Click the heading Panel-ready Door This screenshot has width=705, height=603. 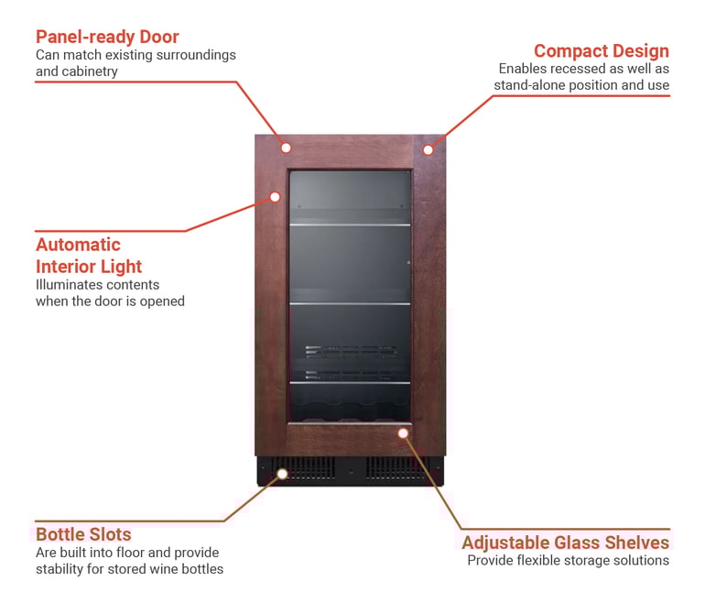[x=107, y=37]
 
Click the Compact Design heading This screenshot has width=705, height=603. [x=601, y=50]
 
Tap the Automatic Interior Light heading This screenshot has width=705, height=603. [x=89, y=256]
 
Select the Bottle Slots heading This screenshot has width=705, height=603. [x=83, y=534]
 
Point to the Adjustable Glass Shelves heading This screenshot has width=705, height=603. [x=565, y=542]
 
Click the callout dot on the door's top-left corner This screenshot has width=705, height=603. [x=286, y=148]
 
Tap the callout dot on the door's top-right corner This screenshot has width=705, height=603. [x=428, y=149]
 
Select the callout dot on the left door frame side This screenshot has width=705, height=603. [x=274, y=196]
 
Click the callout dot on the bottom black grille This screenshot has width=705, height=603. [x=282, y=474]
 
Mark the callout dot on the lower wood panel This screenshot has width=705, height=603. [x=402, y=432]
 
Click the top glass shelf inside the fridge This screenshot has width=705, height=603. [x=351, y=224]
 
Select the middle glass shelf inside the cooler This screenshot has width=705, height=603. [x=351, y=303]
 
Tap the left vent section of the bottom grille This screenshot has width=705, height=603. [x=306, y=469]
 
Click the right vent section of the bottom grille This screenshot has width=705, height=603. [x=395, y=469]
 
